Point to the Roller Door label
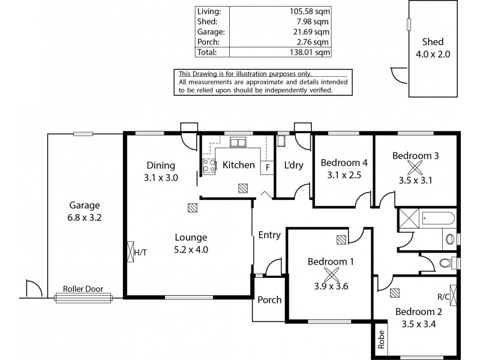click(x=83, y=289)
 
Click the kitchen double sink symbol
click(x=238, y=143)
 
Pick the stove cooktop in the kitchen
click(x=209, y=166)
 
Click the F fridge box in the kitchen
click(x=265, y=169)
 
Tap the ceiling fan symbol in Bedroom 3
click(x=416, y=167)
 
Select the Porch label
click(x=269, y=300)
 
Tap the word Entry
click(x=269, y=235)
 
